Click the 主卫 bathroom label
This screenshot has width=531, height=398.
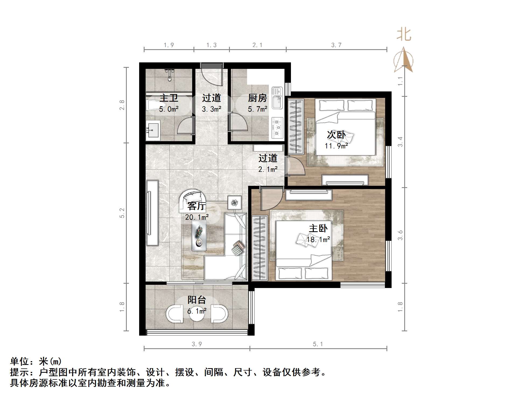pyautogui.click(x=169, y=98)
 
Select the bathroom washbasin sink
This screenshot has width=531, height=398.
pyautogui.click(x=153, y=131)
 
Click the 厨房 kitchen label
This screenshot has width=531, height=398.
pyautogui.click(x=257, y=98)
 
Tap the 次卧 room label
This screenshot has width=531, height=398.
pyautogui.click(x=336, y=134)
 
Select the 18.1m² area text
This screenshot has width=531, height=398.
pyautogui.click(x=318, y=239)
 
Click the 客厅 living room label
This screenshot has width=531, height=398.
pyautogui.click(x=196, y=206)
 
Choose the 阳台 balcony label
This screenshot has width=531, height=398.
pyautogui.click(x=197, y=300)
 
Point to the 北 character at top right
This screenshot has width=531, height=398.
pyautogui.click(x=404, y=35)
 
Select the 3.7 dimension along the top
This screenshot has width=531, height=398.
pyautogui.click(x=336, y=45)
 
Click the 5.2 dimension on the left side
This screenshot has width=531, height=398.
pyautogui.click(x=122, y=213)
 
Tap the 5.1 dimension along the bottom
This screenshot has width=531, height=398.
pyautogui.click(x=318, y=344)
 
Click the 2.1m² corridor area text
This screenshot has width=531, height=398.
pyautogui.click(x=268, y=169)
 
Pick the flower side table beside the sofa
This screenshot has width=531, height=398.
pyautogui.click(x=235, y=202)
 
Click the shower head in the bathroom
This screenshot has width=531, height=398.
pyautogui.click(x=169, y=74)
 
